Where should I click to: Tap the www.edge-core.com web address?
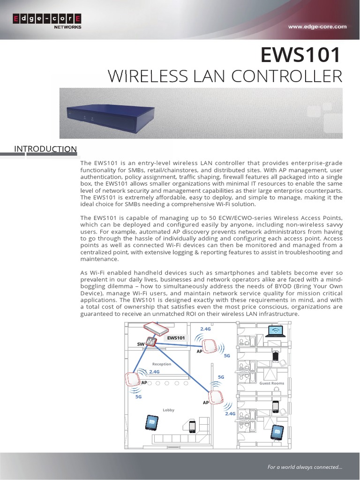tap(317, 27)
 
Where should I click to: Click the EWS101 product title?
tap(301, 55)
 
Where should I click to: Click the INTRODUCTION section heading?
tap(45, 149)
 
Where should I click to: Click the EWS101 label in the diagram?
tap(176, 337)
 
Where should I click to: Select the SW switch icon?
tap(151, 342)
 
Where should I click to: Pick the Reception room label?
tap(162, 364)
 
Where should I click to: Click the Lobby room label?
tap(168, 410)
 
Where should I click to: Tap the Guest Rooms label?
tap(272, 383)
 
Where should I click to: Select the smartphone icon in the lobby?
tap(192, 427)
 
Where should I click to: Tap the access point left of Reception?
tap(133, 379)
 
